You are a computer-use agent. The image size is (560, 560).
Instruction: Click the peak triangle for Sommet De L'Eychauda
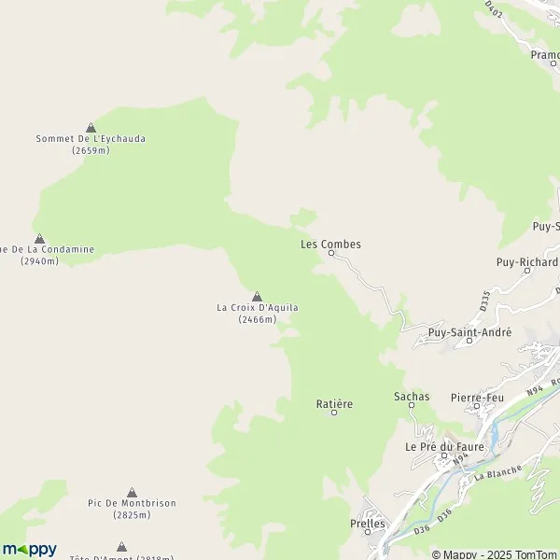(91, 127)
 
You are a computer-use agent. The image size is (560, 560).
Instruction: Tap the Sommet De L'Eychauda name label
(91, 139)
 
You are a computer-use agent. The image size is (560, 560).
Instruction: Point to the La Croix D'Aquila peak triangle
(257, 296)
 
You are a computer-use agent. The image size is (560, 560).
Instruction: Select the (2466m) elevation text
(257, 319)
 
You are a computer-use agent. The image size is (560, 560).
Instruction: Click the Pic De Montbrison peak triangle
(132, 492)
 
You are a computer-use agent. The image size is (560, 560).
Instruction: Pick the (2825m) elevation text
(132, 514)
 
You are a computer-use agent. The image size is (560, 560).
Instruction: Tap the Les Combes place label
(330, 245)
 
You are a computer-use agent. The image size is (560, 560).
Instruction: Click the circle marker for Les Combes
(330, 253)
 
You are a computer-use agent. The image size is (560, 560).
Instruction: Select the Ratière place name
(334, 403)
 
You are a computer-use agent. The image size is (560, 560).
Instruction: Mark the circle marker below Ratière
(334, 412)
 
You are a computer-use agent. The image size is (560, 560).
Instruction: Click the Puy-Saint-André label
(469, 332)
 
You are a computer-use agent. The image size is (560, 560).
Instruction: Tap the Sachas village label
(412, 397)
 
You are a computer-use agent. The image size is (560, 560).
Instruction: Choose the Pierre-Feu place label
(476, 398)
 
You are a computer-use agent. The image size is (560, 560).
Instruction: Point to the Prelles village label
(367, 524)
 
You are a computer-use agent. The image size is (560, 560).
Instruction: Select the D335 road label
(485, 301)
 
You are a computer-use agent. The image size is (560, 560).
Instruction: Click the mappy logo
(29, 549)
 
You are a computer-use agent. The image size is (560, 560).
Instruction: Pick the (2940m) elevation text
(39, 261)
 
